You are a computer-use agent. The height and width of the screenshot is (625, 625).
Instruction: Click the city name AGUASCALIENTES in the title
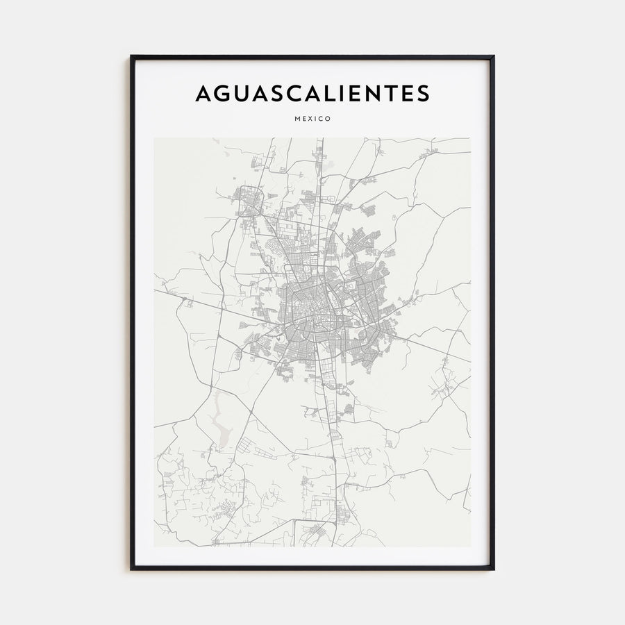[x=312, y=94]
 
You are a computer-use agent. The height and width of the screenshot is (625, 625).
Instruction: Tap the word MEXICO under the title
[x=312, y=119]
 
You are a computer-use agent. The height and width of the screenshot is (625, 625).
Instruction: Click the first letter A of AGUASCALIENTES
[x=203, y=94]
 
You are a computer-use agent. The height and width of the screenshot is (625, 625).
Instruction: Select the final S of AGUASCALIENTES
[x=422, y=94]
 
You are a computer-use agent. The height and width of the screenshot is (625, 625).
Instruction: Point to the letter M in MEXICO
[x=297, y=119]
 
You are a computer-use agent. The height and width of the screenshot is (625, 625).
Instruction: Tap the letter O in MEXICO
[x=328, y=119]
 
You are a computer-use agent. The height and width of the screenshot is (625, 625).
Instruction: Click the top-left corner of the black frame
[x=131, y=56]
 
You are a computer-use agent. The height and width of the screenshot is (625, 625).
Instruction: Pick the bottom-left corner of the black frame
[x=131, y=569]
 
